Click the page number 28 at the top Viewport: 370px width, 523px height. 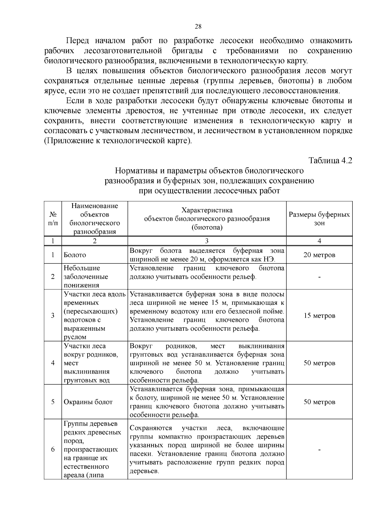[x=198, y=27]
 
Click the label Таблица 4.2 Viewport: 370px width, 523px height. [x=331, y=161]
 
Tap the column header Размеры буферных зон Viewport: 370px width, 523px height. [x=319, y=219]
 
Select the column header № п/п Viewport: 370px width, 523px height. [x=53, y=219]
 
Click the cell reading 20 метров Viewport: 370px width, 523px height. [x=319, y=255]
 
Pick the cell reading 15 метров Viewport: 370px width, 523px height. [x=319, y=316]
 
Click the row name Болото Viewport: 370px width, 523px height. [x=75, y=255]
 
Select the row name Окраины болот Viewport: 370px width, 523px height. [x=88, y=402]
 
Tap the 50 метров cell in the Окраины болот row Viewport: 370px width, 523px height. [x=319, y=402]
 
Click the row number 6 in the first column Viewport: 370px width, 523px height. [x=53, y=449]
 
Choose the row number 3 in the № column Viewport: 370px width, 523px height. [x=53, y=316]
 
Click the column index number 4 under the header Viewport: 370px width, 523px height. [x=319, y=241]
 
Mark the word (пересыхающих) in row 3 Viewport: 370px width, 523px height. [x=91, y=311]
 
